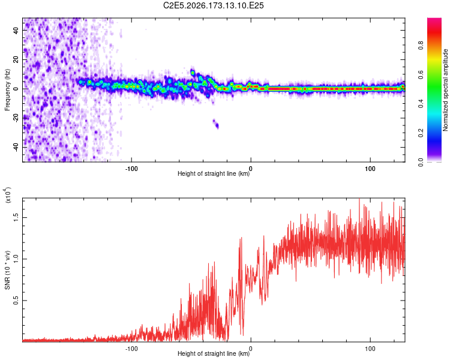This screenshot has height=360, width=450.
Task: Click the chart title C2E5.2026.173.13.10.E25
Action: pos(213,5)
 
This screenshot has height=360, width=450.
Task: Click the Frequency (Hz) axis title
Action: pos(7,90)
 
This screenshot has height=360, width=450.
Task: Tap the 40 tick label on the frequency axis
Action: pos(16,31)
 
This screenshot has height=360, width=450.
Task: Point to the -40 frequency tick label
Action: pos(16,147)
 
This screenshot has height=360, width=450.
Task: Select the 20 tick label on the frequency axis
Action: pos(16,60)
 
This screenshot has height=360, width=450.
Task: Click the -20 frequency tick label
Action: pos(16,118)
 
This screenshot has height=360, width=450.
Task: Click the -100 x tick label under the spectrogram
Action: pos(131,169)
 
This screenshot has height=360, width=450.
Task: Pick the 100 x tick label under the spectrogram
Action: pos(370,169)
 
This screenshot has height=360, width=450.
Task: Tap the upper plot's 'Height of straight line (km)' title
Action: pos(214,173)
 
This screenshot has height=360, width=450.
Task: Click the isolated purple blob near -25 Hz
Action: pos(216,124)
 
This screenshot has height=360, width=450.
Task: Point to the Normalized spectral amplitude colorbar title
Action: pos(445,90)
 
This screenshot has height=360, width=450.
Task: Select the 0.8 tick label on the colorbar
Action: pos(421,46)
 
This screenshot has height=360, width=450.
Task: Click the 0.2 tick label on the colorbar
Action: pos(421,133)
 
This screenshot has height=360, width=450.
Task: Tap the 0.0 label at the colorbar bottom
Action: pos(421,162)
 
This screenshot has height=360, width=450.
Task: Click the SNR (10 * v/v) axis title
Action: pos(7,270)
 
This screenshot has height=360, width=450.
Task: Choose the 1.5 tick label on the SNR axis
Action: pos(16,217)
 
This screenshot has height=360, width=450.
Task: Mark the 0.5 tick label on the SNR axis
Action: pos(16,301)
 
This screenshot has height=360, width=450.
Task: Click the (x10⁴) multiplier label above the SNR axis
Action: pos(8,194)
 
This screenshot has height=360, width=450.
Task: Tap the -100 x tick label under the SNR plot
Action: pos(131,349)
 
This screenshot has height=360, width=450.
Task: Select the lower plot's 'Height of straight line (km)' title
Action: pos(214,353)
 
